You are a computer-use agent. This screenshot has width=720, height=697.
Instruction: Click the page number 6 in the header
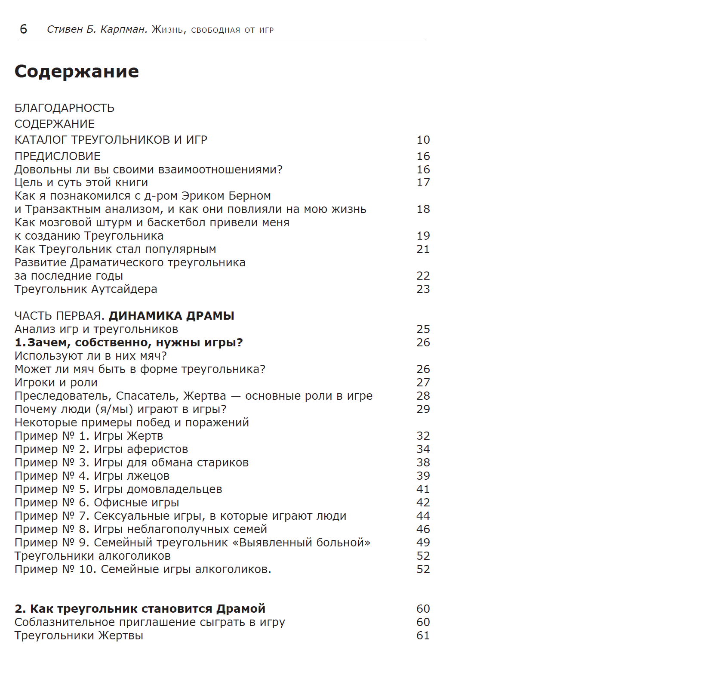click(x=24, y=29)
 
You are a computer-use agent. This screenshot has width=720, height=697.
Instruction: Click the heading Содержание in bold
click(x=77, y=71)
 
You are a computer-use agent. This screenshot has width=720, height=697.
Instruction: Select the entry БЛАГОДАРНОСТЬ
click(x=65, y=108)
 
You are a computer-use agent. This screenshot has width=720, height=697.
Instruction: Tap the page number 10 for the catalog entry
click(x=423, y=140)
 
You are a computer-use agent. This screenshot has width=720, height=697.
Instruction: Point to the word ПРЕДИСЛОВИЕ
click(x=58, y=156)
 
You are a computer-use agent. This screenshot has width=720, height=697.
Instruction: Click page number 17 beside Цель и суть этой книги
click(x=423, y=182)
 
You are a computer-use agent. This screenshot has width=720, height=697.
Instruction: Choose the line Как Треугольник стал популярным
click(x=115, y=249)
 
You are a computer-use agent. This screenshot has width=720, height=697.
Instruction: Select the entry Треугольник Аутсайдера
click(x=86, y=289)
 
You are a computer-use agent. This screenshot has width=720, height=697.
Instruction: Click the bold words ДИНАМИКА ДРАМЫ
click(x=171, y=316)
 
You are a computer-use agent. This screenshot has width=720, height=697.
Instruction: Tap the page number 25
click(x=423, y=329)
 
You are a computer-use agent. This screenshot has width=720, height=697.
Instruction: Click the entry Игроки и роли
click(x=56, y=382)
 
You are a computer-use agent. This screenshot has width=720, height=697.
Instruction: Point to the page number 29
click(x=423, y=409)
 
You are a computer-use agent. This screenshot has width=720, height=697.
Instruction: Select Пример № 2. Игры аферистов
click(x=101, y=449)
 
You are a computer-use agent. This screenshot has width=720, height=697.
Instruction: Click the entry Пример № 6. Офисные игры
click(x=97, y=503)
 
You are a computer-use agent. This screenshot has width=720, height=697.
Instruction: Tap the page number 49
click(x=423, y=543)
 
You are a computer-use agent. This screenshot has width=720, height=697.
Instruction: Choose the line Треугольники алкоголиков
click(x=92, y=556)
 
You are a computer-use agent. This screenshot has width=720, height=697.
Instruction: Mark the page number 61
click(x=423, y=635)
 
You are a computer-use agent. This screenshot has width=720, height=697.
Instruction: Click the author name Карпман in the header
click(x=124, y=29)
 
